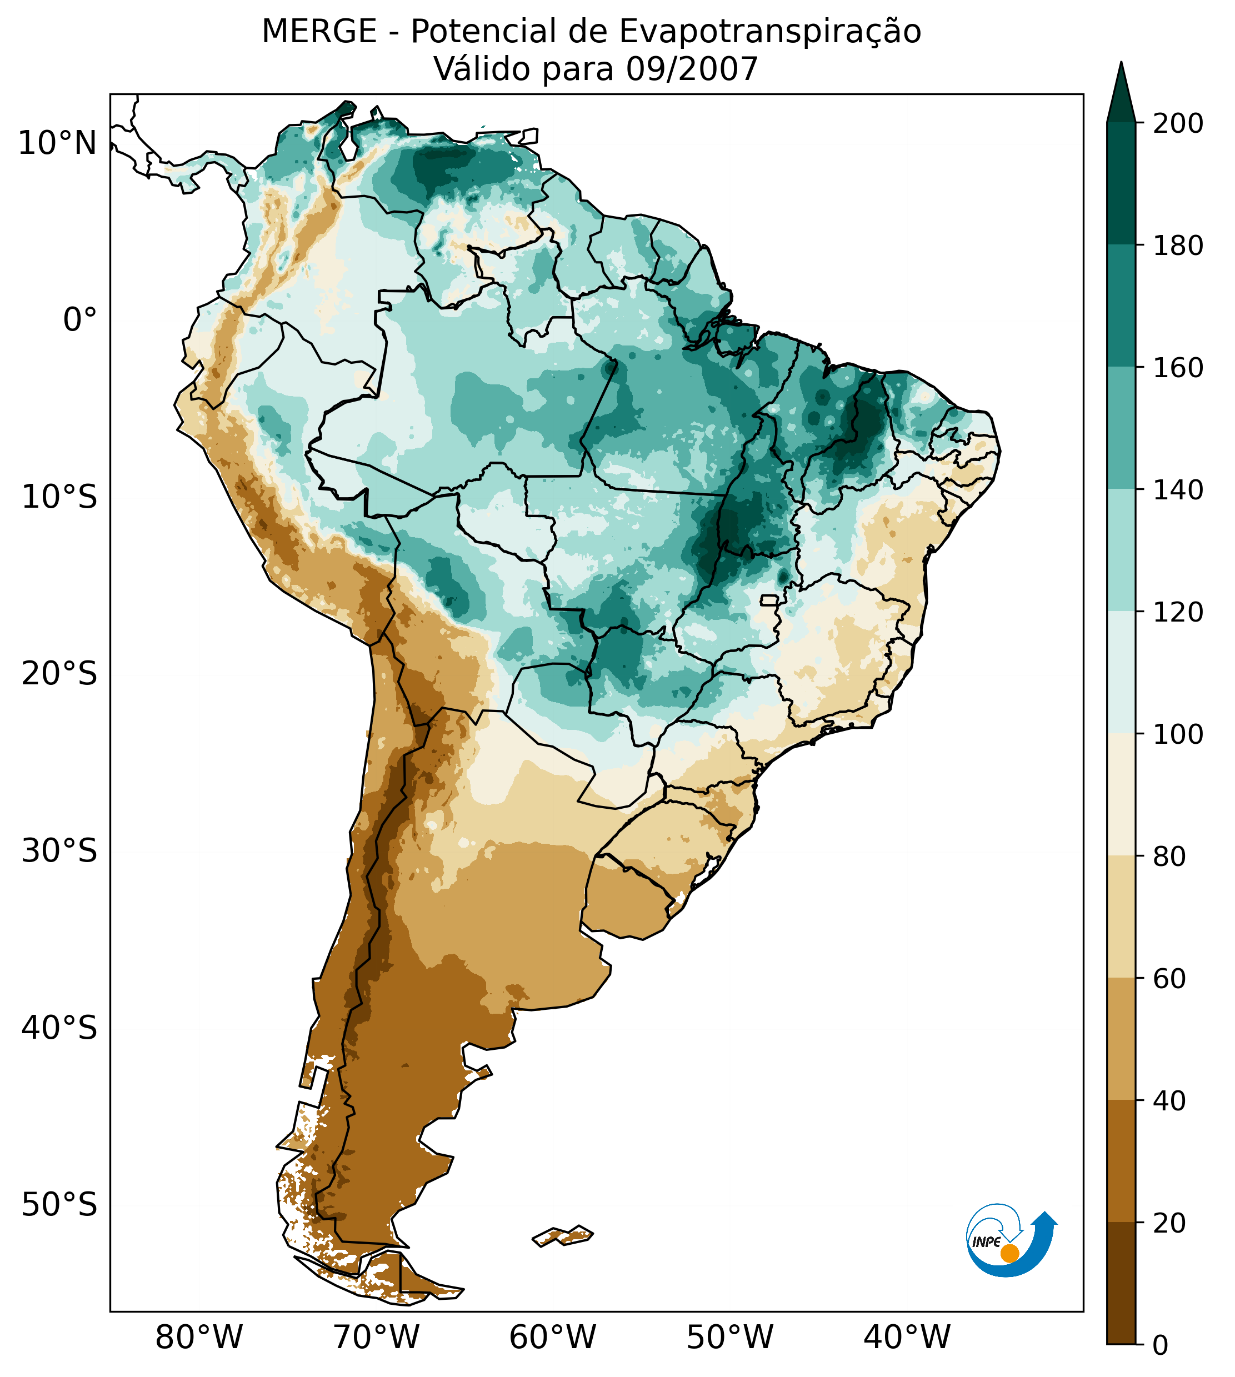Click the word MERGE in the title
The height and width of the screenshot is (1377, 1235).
coord(319,32)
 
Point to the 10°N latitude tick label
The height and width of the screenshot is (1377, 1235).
coord(57,144)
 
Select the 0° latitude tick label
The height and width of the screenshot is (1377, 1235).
coord(79,320)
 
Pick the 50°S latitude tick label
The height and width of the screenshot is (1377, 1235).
coord(59,1205)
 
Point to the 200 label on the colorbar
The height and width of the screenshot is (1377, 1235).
coord(1178,123)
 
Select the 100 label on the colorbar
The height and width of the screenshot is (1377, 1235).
coord(1178,734)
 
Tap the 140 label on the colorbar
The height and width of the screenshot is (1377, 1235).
coord(1178,490)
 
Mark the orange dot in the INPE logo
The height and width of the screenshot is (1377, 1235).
coord(1009,1253)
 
